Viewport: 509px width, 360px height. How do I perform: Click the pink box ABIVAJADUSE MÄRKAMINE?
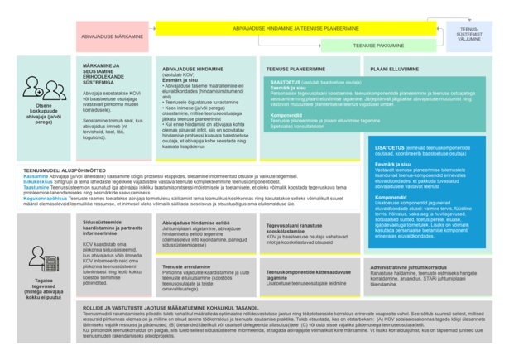[x=114, y=36]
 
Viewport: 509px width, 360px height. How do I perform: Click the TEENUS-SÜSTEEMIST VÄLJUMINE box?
[x=468, y=33]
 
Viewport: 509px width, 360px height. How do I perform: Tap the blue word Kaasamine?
[x=36, y=175]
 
